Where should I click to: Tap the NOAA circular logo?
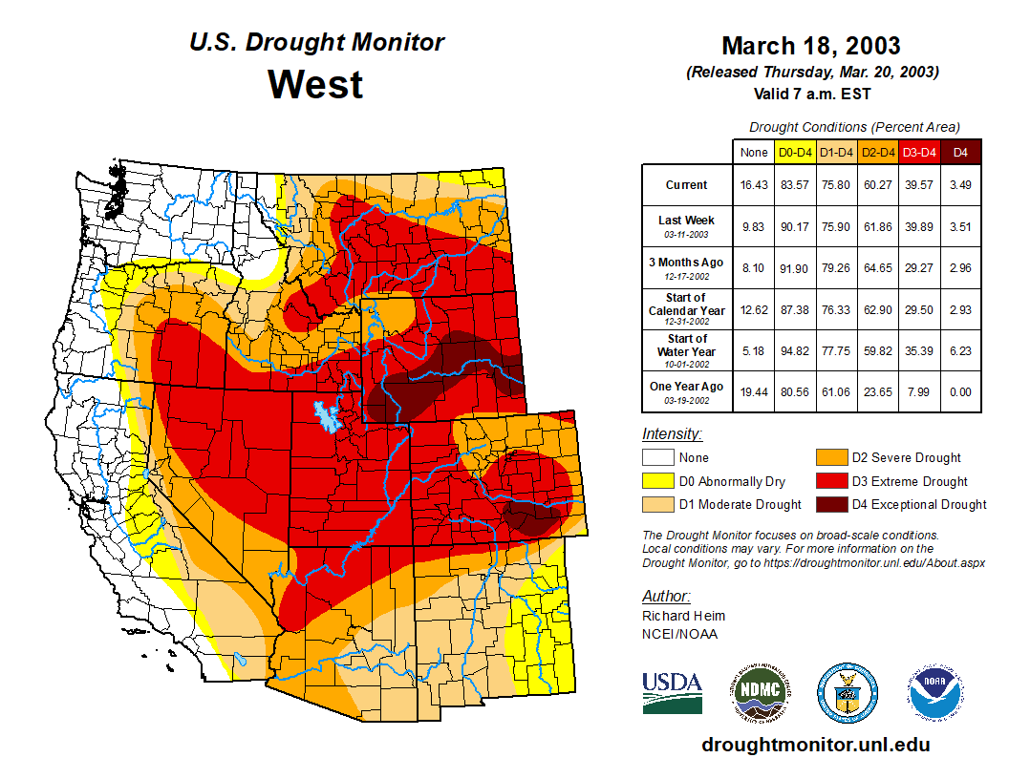pos(935,692)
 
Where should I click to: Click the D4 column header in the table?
pos(960,153)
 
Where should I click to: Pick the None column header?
pos(754,153)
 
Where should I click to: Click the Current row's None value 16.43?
pos(754,185)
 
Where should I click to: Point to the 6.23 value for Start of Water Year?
pos(960,351)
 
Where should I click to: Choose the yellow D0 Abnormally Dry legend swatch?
pos(657,481)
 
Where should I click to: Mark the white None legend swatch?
pos(657,458)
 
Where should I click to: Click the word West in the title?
pos(315,84)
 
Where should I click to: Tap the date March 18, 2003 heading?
pos(810,46)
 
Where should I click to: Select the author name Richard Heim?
pos(683,616)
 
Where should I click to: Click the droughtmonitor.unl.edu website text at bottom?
pos(815,744)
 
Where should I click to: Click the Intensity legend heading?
pos(672,434)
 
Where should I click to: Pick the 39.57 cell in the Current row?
pos(919,185)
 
